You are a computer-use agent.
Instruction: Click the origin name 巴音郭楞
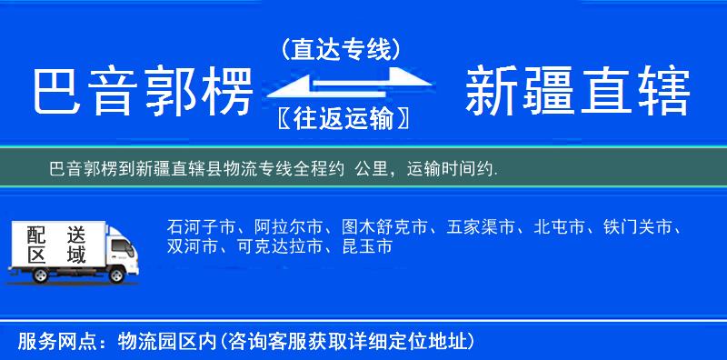click(141, 92)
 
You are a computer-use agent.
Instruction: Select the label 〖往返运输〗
click(341, 118)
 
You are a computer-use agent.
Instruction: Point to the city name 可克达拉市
click(274, 246)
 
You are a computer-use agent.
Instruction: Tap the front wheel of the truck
click(116, 273)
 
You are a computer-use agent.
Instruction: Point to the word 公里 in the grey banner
click(373, 168)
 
